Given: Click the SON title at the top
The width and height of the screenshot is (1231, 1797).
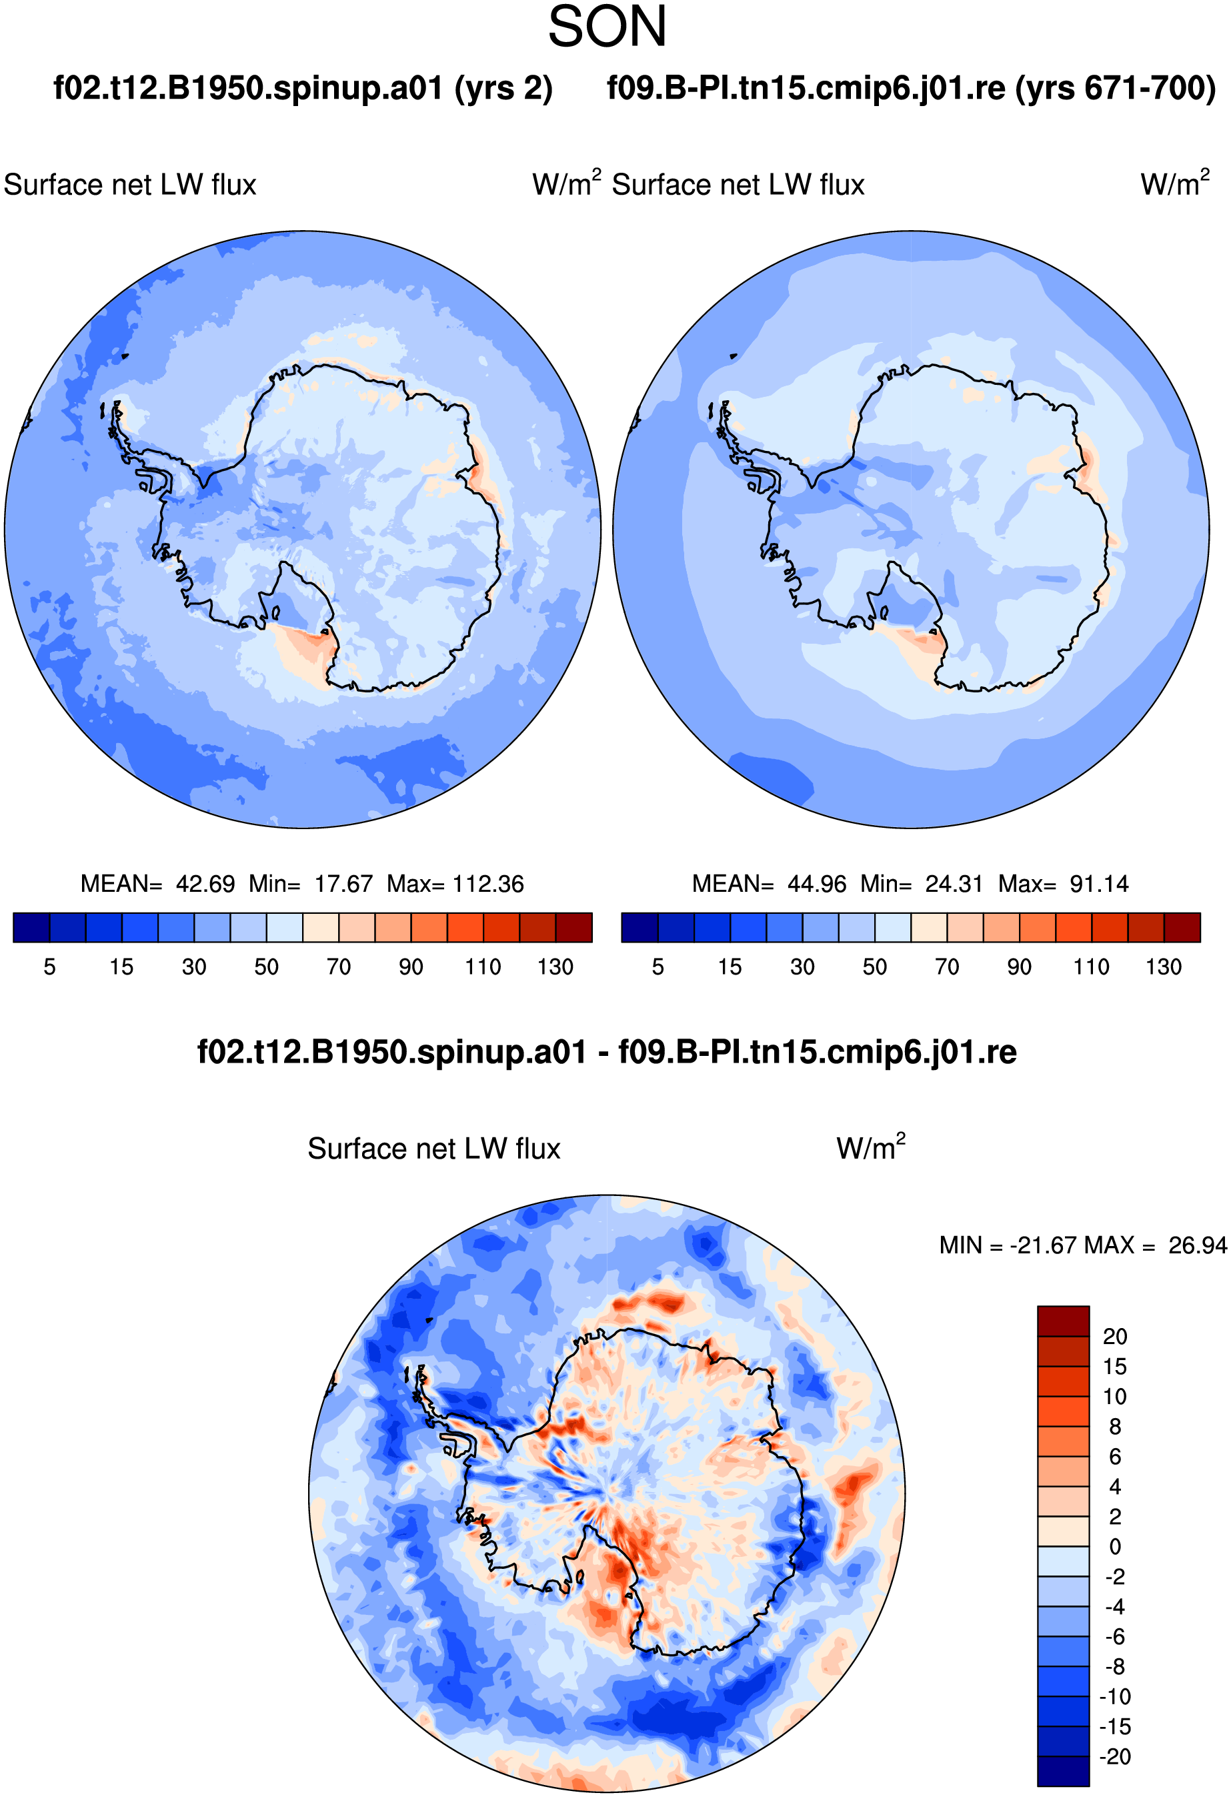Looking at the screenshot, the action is (607, 27).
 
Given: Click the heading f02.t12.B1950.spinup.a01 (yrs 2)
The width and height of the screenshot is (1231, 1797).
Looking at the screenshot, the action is (303, 89).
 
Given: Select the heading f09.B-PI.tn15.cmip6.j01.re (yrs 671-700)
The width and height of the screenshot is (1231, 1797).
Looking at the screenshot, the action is (911, 89).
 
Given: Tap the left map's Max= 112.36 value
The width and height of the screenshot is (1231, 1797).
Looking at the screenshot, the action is (455, 884).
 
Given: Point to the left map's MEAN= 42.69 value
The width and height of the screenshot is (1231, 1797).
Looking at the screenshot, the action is (158, 884).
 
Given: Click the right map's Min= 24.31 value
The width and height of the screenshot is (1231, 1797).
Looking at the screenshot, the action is (922, 884).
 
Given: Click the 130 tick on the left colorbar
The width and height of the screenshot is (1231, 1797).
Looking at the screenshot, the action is (555, 967).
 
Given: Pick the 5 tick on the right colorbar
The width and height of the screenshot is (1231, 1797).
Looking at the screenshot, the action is (658, 967).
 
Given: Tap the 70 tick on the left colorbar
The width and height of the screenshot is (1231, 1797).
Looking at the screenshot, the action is (339, 967).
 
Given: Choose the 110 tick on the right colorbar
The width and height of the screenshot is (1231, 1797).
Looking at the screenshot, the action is (1091, 967).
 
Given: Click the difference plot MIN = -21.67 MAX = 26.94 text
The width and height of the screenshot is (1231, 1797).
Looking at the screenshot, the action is (1082, 1245).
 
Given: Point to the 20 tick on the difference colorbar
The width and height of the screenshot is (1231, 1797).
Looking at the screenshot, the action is (1115, 1336).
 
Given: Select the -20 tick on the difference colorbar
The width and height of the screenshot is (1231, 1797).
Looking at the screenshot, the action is (1115, 1756).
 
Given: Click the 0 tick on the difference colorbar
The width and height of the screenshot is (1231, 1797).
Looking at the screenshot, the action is (1115, 1546).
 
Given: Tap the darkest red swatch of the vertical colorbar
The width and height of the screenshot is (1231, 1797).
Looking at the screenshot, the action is (1063, 1321).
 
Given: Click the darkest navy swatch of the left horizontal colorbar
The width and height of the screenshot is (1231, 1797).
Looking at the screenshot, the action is (32, 927).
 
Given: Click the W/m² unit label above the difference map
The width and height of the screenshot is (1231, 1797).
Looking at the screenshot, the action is (871, 1147).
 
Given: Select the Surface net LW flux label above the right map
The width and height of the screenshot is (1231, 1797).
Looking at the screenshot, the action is (738, 185).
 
